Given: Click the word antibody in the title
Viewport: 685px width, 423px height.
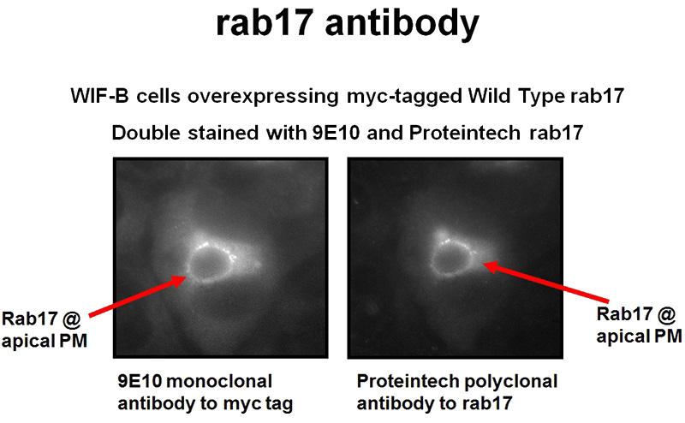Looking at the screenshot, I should tap(404, 26).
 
